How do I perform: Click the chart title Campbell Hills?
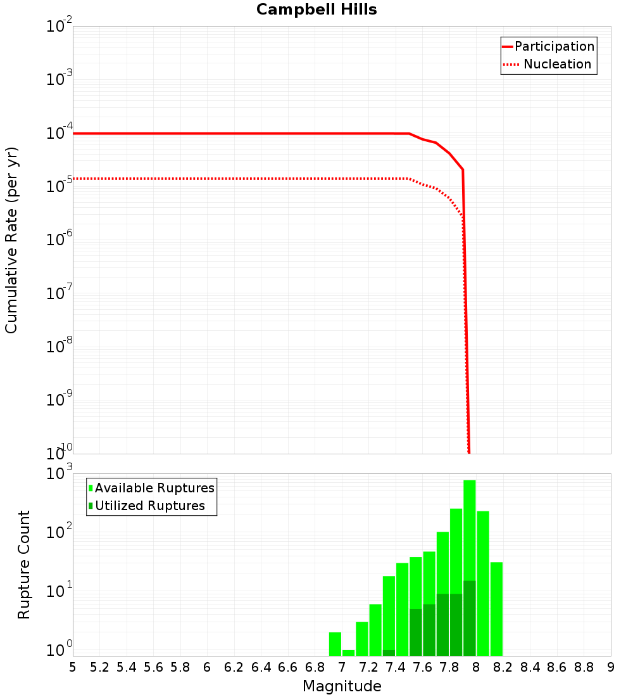[316, 10]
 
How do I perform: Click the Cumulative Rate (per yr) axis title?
[11, 240]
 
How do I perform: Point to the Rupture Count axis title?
[24, 565]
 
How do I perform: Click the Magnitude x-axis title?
[342, 686]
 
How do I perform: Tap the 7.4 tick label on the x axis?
[396, 667]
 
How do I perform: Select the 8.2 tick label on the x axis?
[503, 667]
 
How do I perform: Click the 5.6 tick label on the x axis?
[153, 667]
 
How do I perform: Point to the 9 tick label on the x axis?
[610, 667]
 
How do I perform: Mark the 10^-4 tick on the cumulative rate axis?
[60, 133]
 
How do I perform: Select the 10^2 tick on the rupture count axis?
[60, 533]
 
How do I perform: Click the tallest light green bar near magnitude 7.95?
[470, 539]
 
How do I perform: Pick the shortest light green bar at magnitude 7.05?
[348, 653]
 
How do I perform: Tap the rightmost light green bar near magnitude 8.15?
[496, 608]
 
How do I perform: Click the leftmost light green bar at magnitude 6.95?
[335, 644]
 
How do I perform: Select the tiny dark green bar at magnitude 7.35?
[389, 653]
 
